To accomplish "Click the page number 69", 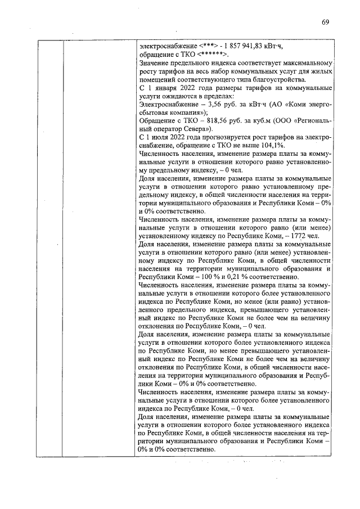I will tap(325, 22).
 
